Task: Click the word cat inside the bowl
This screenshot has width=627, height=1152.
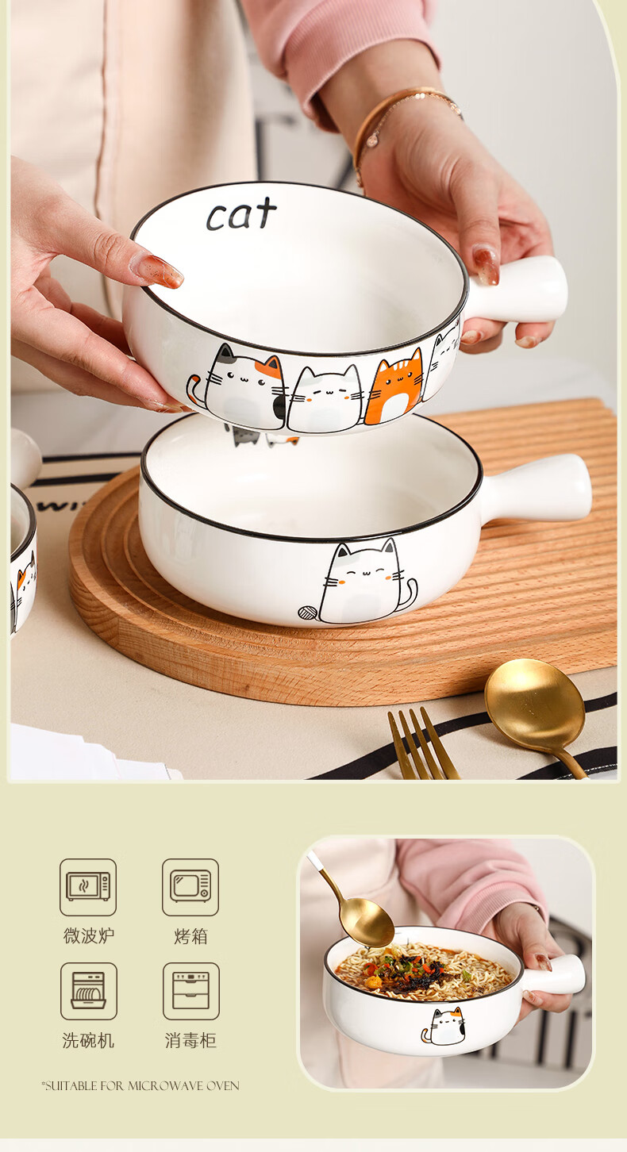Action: click(241, 213)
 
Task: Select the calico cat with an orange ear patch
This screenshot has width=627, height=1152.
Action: click(242, 386)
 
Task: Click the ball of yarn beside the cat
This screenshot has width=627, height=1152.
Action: click(308, 612)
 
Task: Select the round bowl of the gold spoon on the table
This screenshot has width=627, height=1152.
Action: click(535, 704)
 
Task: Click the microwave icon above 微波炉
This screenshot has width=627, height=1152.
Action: click(88, 887)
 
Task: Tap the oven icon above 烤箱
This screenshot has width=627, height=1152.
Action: click(190, 887)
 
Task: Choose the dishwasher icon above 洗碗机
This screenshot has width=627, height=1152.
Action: click(88, 991)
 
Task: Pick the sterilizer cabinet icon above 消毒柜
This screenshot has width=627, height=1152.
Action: click(190, 991)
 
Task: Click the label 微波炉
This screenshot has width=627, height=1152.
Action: click(88, 936)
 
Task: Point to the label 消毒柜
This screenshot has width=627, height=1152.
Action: click(190, 1040)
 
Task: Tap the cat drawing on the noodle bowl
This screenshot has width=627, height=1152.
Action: click(444, 1027)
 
